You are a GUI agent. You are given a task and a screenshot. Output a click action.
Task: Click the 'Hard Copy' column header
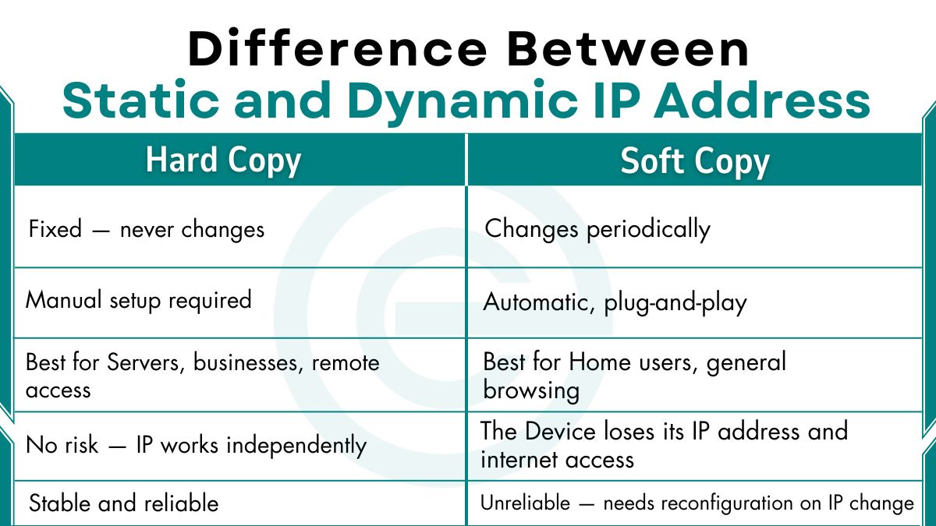point(223,161)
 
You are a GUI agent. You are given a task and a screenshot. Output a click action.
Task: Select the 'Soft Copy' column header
point(694,161)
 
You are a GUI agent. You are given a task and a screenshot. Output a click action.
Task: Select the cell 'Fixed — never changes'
point(147,229)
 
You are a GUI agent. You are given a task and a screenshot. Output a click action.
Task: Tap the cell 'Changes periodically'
point(597,229)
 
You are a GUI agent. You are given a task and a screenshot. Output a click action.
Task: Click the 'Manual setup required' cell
point(139,300)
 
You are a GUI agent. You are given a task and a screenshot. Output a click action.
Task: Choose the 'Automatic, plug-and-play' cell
point(615,302)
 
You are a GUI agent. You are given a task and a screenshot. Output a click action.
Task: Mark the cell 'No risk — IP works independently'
point(196,446)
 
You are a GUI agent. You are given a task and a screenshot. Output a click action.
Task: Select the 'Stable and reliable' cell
point(123,503)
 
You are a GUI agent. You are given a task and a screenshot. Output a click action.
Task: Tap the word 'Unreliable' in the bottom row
point(525,503)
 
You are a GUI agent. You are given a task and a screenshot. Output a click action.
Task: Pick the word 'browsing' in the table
point(531,390)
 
